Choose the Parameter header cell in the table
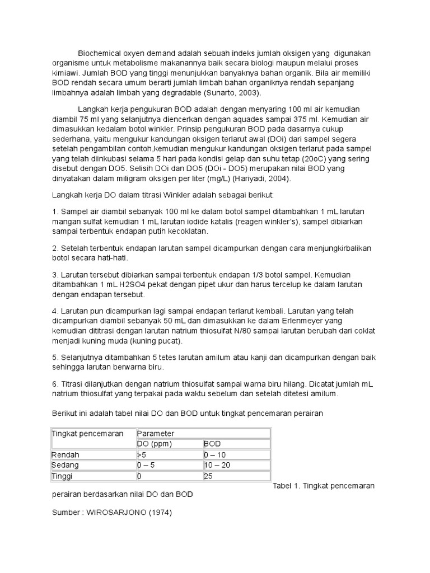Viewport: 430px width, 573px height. point(156,434)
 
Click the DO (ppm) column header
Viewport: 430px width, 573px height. point(155,444)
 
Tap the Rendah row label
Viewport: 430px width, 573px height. point(66,454)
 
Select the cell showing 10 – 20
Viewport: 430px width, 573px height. point(217,465)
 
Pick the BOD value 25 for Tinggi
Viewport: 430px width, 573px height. point(209,476)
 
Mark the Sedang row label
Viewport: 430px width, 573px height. point(66,465)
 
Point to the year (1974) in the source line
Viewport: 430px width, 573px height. point(158,512)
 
